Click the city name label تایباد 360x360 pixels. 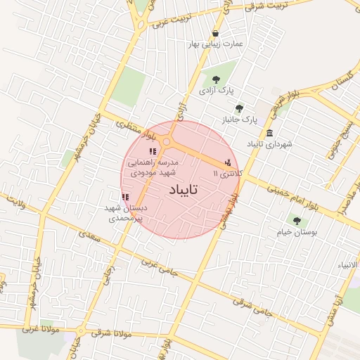[184, 190]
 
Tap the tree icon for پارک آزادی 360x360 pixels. [214, 81]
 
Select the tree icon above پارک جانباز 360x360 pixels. [239, 108]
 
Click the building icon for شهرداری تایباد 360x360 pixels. [270, 134]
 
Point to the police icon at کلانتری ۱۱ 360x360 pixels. [226, 163]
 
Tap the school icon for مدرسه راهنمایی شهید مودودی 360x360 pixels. [152, 151]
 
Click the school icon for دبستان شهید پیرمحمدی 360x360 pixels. [125, 198]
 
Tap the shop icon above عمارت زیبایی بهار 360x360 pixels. [214, 33]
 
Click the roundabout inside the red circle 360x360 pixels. [167, 143]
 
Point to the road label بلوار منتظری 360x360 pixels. [131, 128]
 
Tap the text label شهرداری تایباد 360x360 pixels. [269, 144]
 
